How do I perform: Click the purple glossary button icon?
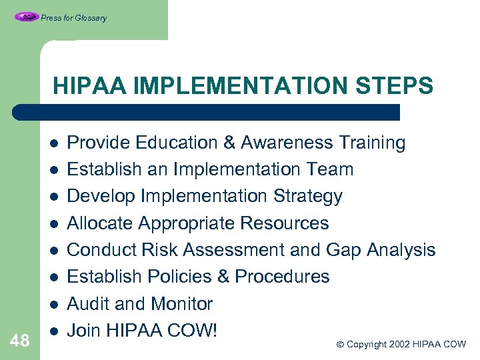pos(26,17)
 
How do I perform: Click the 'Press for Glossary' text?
pos(73,18)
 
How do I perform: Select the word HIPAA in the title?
pos(87,86)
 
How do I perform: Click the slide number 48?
pos(20,341)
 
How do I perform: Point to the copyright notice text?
pos(401,345)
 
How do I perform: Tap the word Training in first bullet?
pos(372,143)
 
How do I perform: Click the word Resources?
pos(288,223)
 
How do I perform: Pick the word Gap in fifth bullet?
pos(342,250)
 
